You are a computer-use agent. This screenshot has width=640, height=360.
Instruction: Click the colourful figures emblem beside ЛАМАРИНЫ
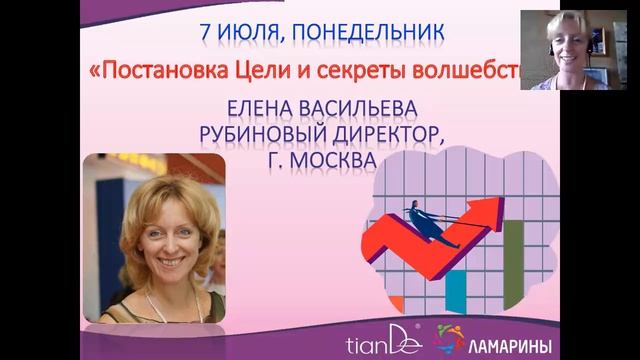447,338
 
